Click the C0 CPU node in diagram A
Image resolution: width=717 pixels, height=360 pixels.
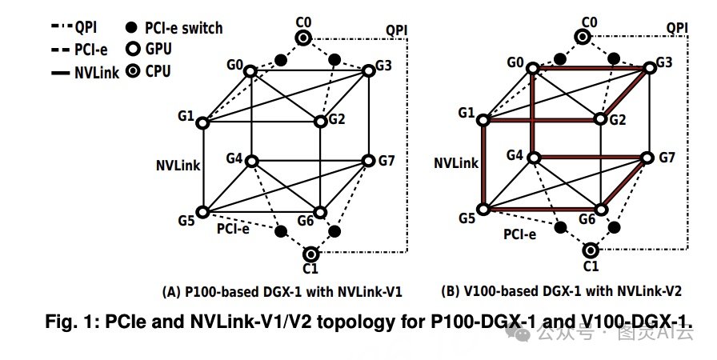[x=302, y=38]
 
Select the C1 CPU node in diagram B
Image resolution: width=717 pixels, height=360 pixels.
[x=591, y=250]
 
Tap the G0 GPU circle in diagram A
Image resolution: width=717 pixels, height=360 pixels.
[x=250, y=72]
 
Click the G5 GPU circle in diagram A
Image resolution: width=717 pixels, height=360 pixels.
[x=202, y=212]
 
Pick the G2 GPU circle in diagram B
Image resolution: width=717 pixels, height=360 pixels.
[x=602, y=120]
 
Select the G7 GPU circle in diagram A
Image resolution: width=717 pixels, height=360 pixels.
[x=368, y=161]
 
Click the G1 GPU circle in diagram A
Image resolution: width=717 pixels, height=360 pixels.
[x=202, y=123]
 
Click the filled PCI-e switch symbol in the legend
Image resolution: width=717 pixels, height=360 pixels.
[x=132, y=28]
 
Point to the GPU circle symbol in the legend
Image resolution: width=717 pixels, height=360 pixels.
[x=132, y=50]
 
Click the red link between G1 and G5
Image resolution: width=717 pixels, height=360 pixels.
[x=483, y=166]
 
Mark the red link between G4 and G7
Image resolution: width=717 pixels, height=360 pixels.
[x=588, y=157]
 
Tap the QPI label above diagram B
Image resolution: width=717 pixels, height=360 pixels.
[x=677, y=30]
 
